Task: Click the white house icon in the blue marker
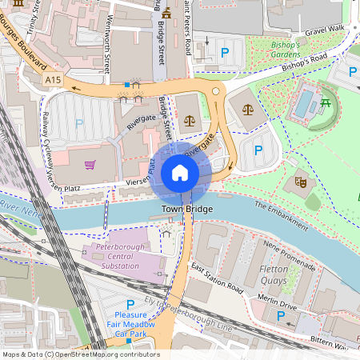coord(180,172)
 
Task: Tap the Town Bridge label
coord(187,209)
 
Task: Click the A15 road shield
coord(54,80)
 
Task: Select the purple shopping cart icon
coord(90,166)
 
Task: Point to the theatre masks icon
coord(301,181)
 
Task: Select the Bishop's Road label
coord(303,63)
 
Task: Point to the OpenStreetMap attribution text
coord(80,354)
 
